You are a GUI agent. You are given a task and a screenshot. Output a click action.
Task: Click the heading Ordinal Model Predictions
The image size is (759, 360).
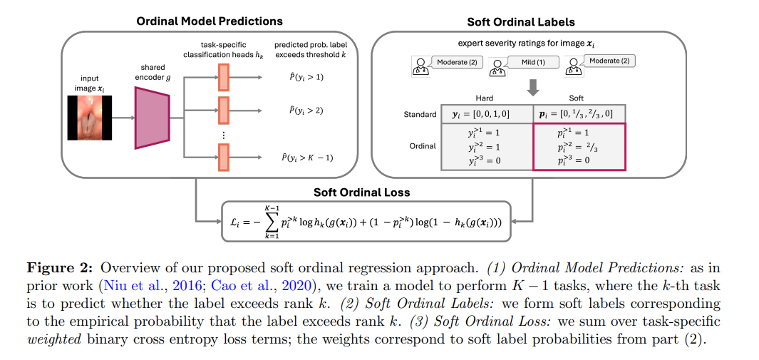[210, 21]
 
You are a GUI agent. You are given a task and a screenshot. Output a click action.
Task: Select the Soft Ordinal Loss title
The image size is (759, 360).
[361, 192]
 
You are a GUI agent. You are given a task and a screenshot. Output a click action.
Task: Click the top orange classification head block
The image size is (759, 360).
[222, 76]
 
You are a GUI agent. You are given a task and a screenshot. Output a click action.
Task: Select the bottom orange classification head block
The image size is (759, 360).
[222, 157]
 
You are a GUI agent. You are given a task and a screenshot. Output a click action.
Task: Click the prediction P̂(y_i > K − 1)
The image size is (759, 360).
[309, 158]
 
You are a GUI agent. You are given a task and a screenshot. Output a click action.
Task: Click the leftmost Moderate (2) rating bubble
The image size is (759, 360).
[456, 62]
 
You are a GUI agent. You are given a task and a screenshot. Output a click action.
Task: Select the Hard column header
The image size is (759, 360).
[484, 99]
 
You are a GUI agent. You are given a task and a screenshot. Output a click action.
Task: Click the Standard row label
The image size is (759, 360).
[420, 114]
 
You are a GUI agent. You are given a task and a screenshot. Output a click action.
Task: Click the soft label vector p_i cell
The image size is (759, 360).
[578, 114]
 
